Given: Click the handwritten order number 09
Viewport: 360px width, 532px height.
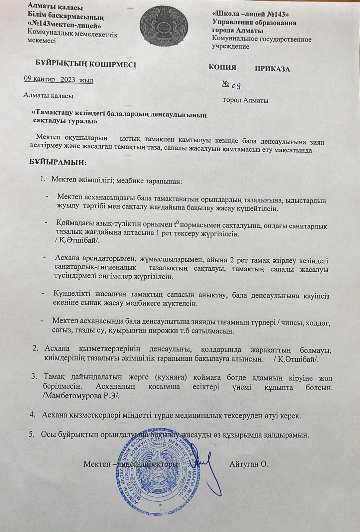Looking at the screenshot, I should (236, 86).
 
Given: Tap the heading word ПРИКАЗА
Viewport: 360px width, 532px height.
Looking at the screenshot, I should (272, 69).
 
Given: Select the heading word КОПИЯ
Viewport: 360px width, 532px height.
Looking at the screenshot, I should (222, 67).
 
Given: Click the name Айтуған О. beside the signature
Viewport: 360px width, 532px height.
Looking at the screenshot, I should (249, 464).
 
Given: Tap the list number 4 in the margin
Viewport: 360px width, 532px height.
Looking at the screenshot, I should (32, 415).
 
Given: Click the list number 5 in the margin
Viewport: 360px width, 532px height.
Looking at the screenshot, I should (32, 435).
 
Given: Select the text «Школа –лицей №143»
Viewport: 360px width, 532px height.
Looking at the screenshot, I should (250, 15).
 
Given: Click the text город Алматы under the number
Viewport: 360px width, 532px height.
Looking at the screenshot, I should (246, 100).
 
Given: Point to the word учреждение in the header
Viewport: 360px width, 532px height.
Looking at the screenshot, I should (230, 47).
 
